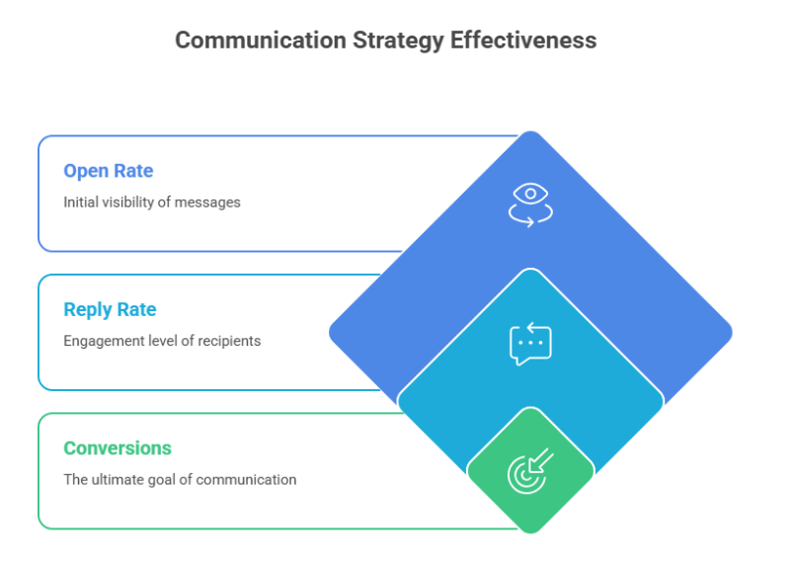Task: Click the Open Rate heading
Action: [109, 171]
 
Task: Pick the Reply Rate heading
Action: [110, 309]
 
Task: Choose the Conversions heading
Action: [118, 447]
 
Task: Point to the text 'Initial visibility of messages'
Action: [152, 202]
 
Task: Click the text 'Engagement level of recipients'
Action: [162, 341]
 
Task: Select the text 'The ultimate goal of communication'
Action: [180, 480]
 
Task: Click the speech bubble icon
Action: [530, 344]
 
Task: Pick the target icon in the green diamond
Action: [530, 471]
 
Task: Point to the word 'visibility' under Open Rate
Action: [135, 202]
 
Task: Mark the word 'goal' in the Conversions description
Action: [171, 480]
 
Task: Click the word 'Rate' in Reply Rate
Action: [136, 309]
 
